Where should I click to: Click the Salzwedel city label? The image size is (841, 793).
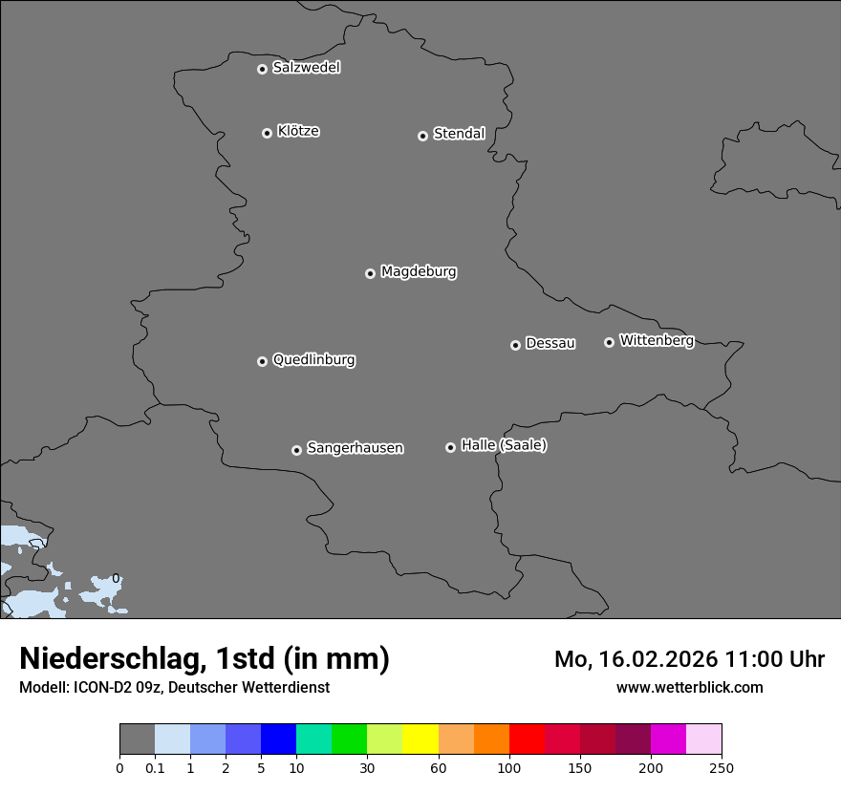point(306,67)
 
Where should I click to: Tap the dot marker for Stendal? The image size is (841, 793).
point(422,136)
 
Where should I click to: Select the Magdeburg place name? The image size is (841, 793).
point(419,271)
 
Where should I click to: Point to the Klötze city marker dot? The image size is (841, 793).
point(267,133)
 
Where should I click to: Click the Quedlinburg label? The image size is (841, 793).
point(313,360)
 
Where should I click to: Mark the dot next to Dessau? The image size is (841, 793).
point(515,345)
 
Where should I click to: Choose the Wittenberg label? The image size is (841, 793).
point(657,340)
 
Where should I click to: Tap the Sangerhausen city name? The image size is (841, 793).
point(355,448)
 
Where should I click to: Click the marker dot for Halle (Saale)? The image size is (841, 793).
point(450,447)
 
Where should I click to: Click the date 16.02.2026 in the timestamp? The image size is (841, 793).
point(660,659)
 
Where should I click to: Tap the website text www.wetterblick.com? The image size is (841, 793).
point(689,688)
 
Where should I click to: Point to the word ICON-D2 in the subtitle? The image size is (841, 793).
point(101,688)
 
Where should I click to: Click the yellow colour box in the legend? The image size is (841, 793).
point(420,739)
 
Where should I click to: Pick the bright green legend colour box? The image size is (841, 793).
point(350,739)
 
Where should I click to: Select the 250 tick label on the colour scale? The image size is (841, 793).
point(722,767)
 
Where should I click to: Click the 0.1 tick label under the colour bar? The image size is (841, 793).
point(155,767)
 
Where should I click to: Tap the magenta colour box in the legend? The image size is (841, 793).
point(668,739)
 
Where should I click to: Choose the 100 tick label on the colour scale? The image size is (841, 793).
point(509,767)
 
